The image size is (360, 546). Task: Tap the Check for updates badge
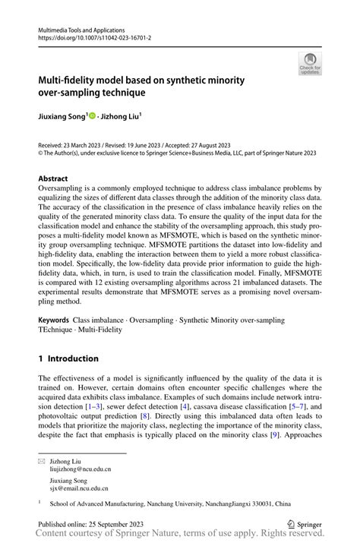310,65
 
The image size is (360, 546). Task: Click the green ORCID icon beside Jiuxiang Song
93,116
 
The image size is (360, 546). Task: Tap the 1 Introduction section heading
69,358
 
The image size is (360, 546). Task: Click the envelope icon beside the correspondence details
42,461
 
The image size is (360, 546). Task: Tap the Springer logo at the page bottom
304,524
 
